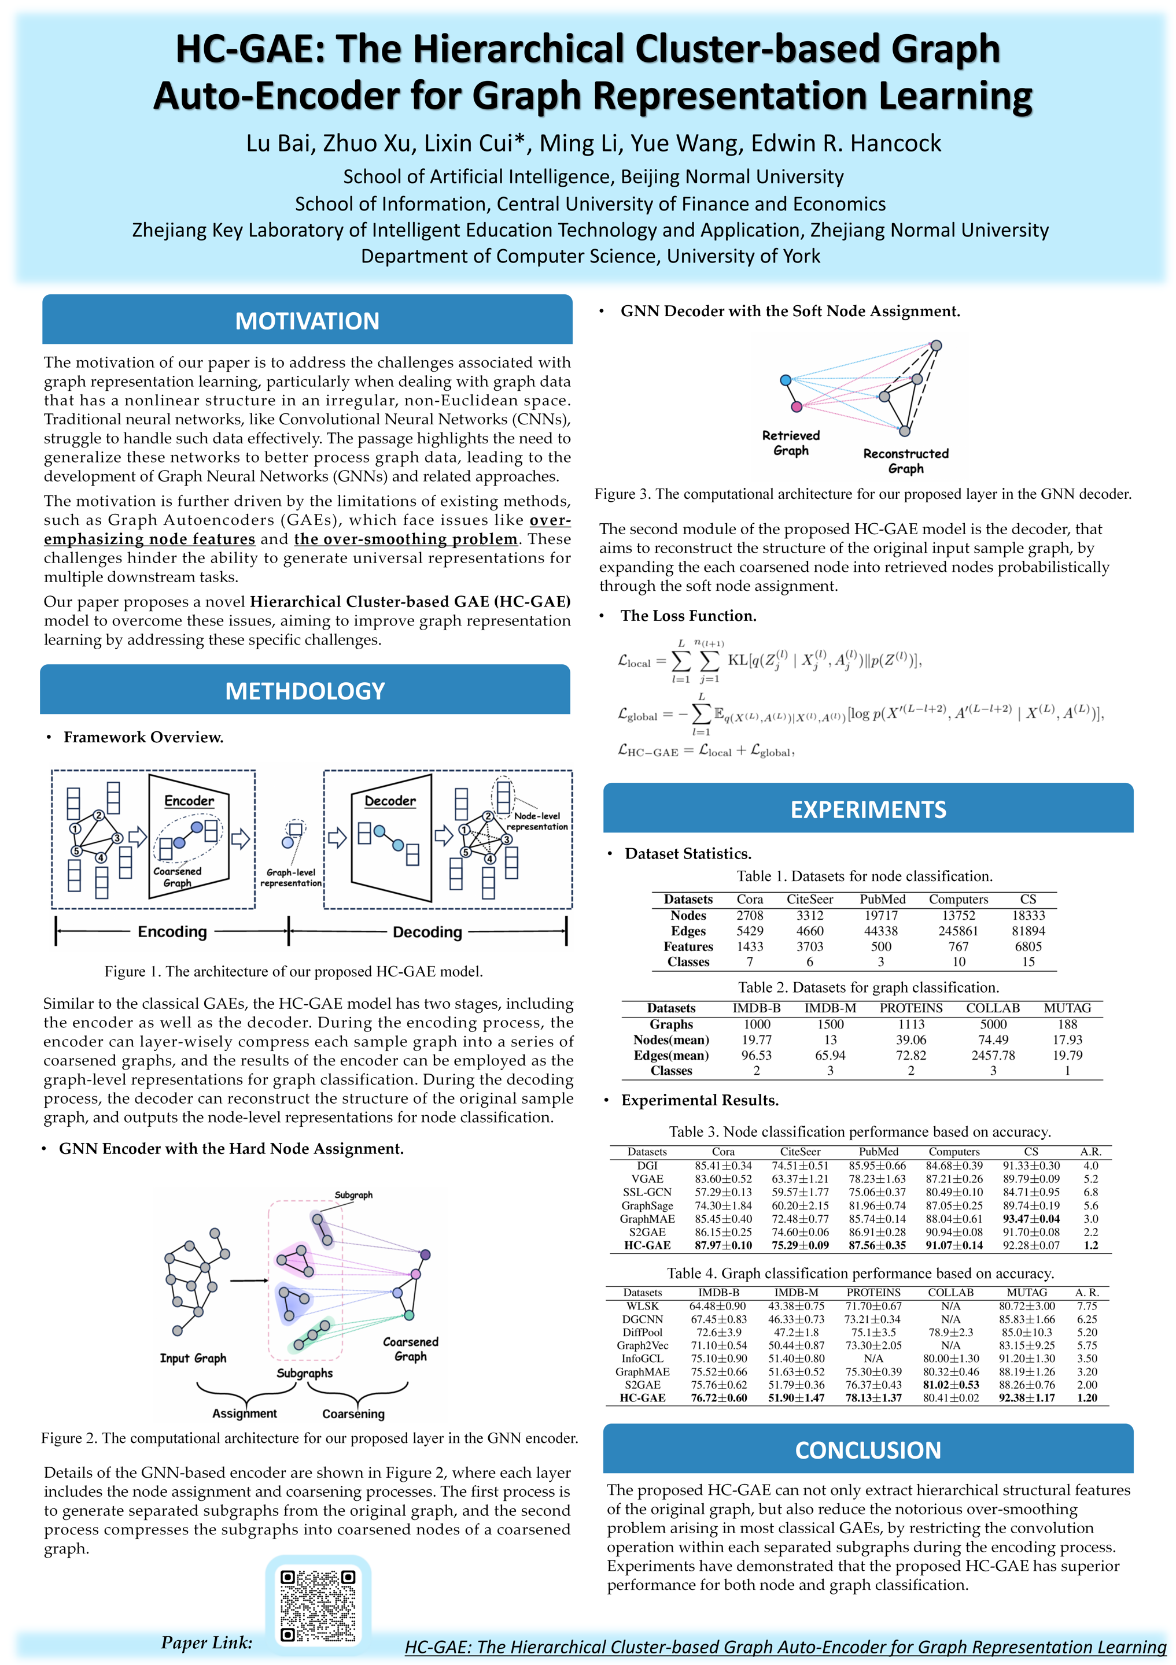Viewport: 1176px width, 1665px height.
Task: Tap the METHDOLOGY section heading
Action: click(305, 690)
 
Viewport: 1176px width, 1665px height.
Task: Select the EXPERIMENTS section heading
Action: click(868, 809)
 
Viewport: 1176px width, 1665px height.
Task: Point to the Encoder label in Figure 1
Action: click(189, 801)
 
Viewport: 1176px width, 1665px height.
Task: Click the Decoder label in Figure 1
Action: click(390, 801)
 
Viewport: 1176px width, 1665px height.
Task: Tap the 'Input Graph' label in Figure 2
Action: click(193, 1357)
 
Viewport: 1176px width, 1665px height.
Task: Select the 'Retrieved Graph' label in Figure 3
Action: click(791, 442)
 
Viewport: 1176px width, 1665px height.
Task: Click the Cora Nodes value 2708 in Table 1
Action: click(750, 915)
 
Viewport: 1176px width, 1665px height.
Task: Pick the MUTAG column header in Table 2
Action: click(1067, 1008)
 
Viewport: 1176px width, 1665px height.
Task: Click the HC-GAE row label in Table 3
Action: click(647, 1245)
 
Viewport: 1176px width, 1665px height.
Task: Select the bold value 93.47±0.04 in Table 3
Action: click(1031, 1219)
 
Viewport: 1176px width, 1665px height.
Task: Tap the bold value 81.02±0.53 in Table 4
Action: click(950, 1385)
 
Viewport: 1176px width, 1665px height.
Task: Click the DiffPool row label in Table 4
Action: click(642, 1332)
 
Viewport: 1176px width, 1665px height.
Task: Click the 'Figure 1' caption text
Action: click(293, 971)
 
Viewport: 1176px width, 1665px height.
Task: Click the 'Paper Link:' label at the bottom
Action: click(207, 1642)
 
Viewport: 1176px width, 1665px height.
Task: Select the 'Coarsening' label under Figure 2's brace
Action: click(353, 1414)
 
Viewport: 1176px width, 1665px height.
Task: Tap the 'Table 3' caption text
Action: click(860, 1131)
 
